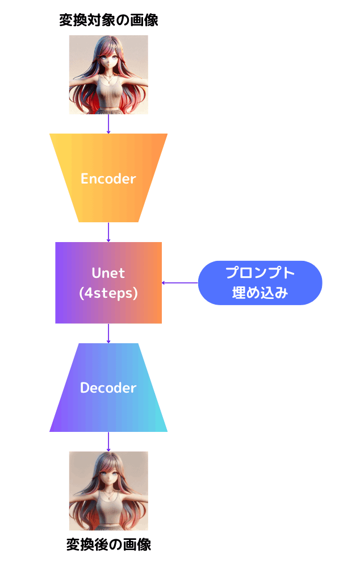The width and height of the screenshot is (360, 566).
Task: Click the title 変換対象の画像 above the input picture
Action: pos(108,21)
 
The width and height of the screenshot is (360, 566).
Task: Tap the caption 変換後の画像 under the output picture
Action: pos(108,544)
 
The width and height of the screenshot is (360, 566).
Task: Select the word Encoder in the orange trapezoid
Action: pos(108,178)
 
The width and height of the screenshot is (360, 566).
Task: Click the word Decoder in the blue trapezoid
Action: pos(108,388)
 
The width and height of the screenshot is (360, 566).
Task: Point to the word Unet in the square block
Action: pos(108,273)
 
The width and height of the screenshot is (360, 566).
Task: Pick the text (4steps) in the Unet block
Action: pos(108,293)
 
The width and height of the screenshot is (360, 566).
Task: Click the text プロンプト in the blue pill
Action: pos(260,273)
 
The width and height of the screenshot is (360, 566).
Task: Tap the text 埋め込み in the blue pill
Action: pos(260,293)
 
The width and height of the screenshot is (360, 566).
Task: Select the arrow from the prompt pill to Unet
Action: pos(180,282)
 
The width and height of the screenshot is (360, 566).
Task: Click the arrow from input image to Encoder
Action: pos(108,124)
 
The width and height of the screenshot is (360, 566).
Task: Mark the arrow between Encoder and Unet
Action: pos(108,232)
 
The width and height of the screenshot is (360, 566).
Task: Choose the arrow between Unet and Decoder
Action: pos(108,333)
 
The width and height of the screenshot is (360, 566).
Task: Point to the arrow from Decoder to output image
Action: pos(108,441)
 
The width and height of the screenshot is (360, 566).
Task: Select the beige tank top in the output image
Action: pos(108,509)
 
